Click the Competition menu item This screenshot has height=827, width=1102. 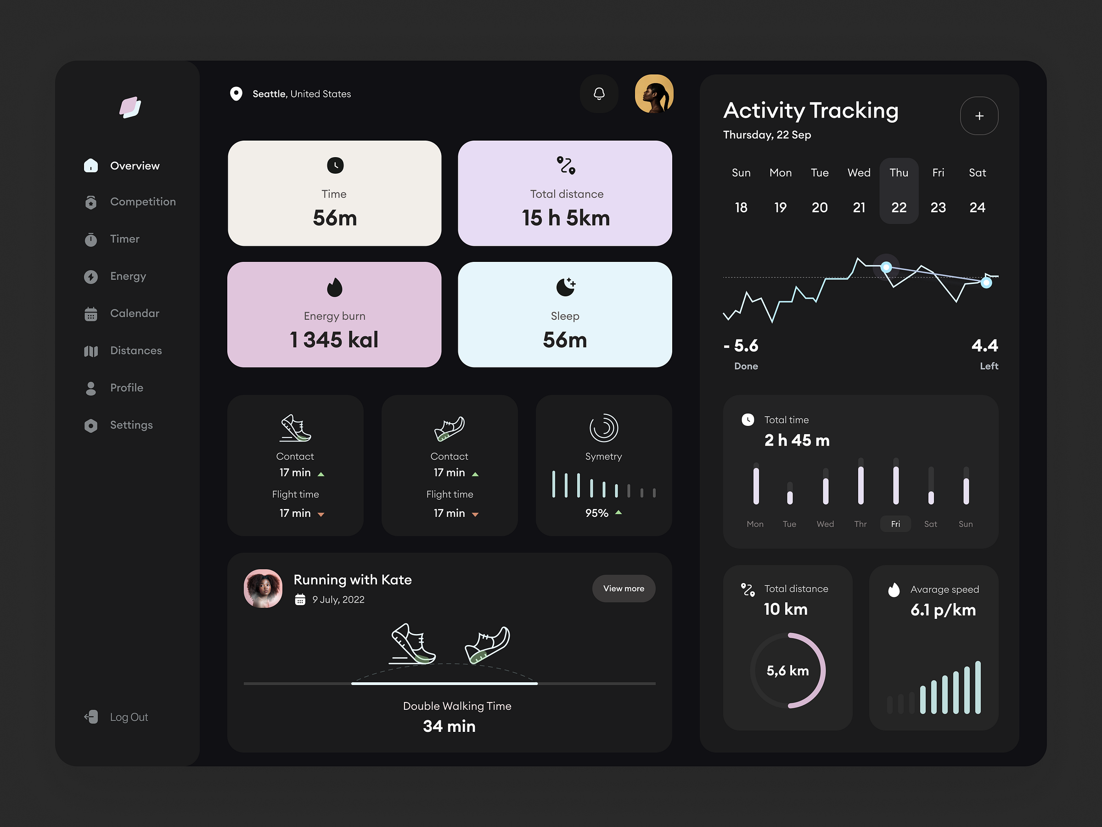click(x=142, y=202)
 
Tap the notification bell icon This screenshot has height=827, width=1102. click(x=599, y=94)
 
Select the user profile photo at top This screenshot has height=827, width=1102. click(x=654, y=94)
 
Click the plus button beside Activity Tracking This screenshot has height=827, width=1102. click(x=978, y=116)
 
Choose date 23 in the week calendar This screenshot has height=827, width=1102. click(x=938, y=207)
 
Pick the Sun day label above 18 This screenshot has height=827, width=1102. click(x=741, y=173)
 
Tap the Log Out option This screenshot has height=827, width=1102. click(x=128, y=717)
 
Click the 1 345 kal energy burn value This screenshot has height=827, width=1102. click(x=334, y=340)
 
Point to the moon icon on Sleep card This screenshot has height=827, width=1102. click(x=565, y=287)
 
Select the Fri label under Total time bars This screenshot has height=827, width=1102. click(x=895, y=524)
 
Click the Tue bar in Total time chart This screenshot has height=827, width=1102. click(x=790, y=493)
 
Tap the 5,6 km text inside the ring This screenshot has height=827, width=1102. click(x=787, y=671)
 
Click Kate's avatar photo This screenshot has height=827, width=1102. click(x=263, y=589)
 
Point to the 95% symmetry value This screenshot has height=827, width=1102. click(x=596, y=513)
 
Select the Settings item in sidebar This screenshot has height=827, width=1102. click(x=131, y=425)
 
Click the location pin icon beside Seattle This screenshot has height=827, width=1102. click(x=236, y=94)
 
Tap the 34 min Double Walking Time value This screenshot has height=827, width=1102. click(x=449, y=726)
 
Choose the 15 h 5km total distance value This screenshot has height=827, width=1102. click(x=565, y=218)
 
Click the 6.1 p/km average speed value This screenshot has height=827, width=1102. click(x=943, y=610)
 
